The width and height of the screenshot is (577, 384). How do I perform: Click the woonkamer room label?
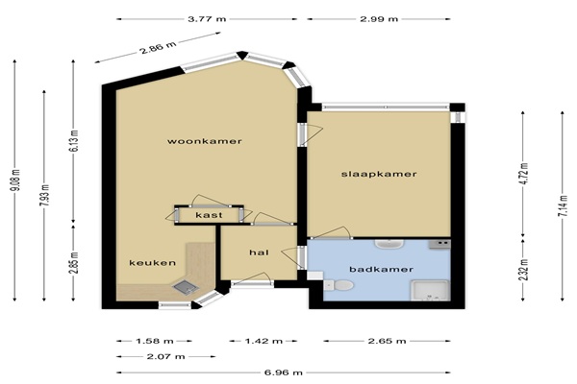click(x=205, y=141)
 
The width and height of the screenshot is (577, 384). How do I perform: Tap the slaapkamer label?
click(x=379, y=174)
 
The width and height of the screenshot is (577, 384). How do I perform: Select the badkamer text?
click(x=381, y=270)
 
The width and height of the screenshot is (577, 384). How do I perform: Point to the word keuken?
click(x=152, y=263)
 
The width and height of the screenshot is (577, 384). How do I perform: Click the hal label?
click(x=259, y=252)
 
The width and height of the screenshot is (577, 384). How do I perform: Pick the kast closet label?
click(x=209, y=215)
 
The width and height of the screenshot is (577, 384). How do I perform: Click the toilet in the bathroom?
click(x=339, y=285)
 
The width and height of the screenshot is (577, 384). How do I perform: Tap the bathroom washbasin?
click(x=389, y=244)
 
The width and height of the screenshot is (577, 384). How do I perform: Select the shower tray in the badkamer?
click(x=430, y=290)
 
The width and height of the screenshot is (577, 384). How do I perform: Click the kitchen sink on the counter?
click(x=186, y=287)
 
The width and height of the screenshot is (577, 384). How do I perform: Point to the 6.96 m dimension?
click(x=284, y=372)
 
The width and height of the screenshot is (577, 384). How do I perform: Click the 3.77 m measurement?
click(x=207, y=19)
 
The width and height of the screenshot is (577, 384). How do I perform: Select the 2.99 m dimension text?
click(x=379, y=19)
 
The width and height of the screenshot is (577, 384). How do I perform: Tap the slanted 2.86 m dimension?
click(x=159, y=47)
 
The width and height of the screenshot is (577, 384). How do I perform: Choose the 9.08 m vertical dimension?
click(x=15, y=180)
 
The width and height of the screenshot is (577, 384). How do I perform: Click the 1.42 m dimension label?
click(x=263, y=341)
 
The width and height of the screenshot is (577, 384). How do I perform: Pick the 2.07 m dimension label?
click(x=165, y=356)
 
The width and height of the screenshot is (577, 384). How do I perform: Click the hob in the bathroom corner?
click(x=439, y=244)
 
